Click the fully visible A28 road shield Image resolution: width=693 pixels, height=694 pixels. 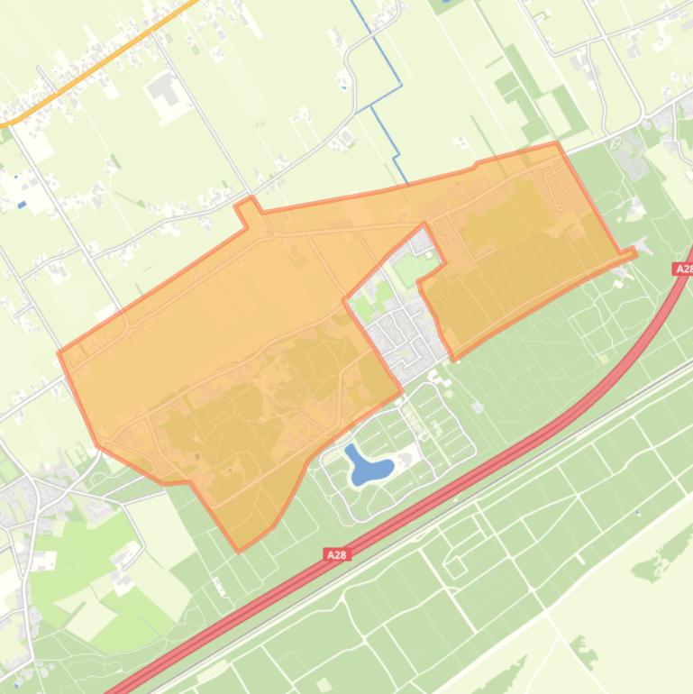(336, 555)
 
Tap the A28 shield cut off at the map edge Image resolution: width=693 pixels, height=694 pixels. (684, 269)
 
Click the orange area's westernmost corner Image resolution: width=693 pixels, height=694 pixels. (59, 352)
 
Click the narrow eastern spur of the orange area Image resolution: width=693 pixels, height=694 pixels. (625, 254)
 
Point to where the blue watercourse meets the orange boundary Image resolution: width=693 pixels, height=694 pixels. (406, 186)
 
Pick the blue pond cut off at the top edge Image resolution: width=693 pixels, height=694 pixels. (443, 5)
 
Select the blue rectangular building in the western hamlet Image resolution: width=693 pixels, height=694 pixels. (22, 205)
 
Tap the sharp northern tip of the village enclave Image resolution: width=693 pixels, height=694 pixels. (424, 224)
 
